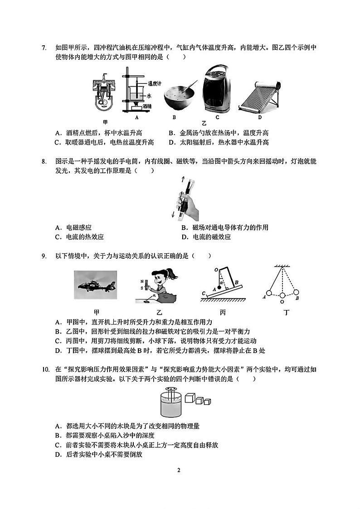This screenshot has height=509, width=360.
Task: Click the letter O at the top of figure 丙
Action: (x=216, y=270)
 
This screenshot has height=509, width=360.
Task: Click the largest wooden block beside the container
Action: (x=189, y=398)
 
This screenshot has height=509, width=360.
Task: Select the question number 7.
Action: (x=44, y=47)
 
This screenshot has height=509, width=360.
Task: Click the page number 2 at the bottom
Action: (x=180, y=470)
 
